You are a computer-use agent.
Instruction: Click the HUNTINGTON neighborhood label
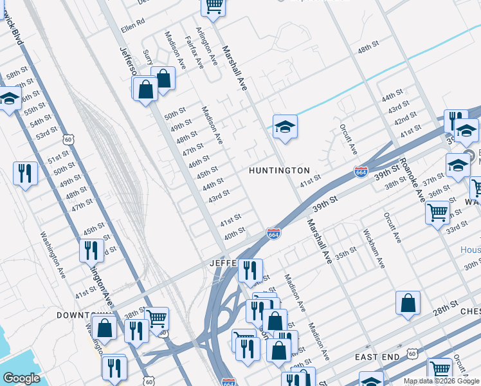pyautogui.click(x=280, y=170)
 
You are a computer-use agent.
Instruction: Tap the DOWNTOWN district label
pyautogui.click(x=80, y=315)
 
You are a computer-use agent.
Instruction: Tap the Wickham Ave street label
pyautogui.click(x=374, y=248)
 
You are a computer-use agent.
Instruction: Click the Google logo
pyautogui.click(x=21, y=378)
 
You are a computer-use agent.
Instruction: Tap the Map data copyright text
pyautogui.click(x=441, y=381)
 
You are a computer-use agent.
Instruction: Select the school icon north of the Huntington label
pyautogui.click(x=284, y=127)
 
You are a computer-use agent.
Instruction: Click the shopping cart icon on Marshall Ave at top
pyautogui.click(x=213, y=6)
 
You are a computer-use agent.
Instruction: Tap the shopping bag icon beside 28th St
pyautogui.click(x=408, y=303)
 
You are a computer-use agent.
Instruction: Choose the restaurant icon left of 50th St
pyautogui.click(x=25, y=173)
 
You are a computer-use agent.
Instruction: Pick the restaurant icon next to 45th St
pyautogui.click(x=91, y=250)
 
